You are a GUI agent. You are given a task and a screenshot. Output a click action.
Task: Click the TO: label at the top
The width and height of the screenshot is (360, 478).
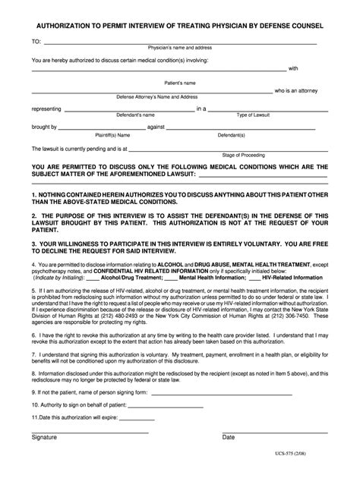click(36, 41)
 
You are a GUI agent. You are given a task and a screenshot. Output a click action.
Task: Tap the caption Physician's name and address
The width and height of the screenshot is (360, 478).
click(179, 48)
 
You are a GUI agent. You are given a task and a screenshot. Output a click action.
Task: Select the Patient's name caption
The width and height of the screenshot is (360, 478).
click(180, 82)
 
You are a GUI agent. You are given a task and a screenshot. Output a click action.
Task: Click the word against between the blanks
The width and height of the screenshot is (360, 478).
click(156, 127)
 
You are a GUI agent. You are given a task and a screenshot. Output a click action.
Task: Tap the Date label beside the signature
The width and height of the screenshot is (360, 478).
click(228, 437)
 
